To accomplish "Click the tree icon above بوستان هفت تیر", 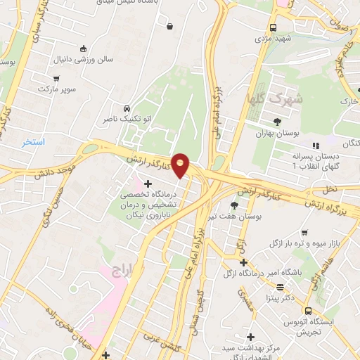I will pyautogui.click(x=234, y=205).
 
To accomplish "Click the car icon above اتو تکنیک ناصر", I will pyautogui.click(x=126, y=109).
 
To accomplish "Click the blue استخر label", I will pyautogui.click(x=32, y=142).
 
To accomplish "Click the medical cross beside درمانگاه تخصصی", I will pyautogui.click(x=147, y=184).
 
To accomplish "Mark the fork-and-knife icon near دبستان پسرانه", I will pyautogui.click(x=315, y=145).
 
